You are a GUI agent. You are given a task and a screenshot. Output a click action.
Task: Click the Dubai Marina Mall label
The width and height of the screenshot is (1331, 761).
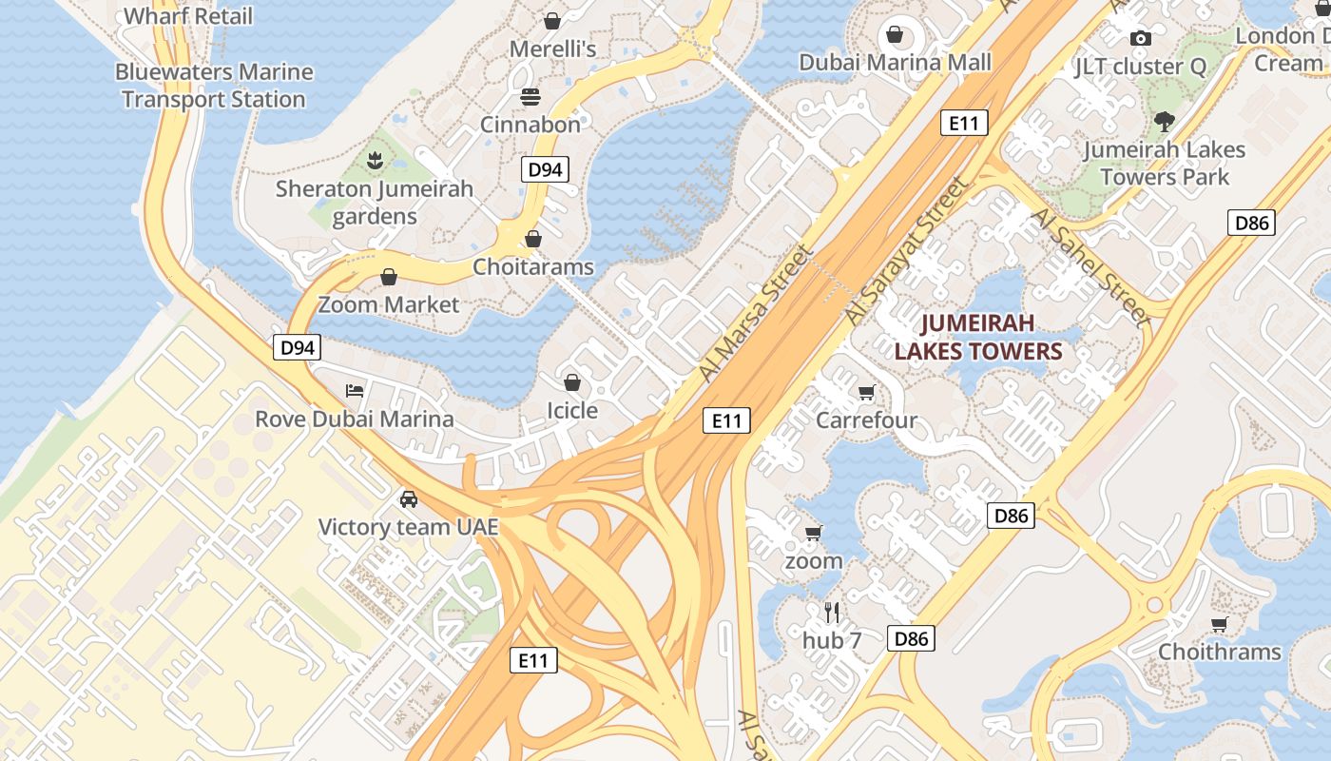pos(895,63)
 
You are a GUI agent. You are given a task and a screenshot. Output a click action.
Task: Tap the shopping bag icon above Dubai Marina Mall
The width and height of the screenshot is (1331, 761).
pos(895,35)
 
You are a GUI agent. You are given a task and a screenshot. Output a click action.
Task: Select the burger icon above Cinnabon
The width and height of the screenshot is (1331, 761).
pos(530,97)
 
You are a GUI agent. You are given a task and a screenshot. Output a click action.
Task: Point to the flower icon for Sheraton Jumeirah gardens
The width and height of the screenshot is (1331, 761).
pos(375,161)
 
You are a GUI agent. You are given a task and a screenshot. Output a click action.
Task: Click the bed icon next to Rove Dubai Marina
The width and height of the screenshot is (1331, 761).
pos(355,391)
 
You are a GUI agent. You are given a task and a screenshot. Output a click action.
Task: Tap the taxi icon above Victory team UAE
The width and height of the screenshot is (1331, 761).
pos(408,499)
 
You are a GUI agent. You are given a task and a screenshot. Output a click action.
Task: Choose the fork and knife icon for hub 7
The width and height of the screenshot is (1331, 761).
pos(832,613)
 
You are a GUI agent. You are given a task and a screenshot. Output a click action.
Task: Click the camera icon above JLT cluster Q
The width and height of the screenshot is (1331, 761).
pos(1140,39)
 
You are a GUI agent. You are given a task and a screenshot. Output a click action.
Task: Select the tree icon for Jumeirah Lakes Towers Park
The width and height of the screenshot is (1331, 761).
pos(1164,122)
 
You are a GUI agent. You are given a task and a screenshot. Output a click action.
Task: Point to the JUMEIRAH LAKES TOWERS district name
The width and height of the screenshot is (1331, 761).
pos(977,337)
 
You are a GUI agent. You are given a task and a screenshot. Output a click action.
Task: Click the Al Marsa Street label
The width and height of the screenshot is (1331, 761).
pos(755,313)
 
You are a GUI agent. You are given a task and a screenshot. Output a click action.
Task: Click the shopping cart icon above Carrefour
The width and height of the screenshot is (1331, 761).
pos(866,393)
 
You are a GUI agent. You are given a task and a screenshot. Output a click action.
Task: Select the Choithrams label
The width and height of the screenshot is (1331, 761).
pos(1219,653)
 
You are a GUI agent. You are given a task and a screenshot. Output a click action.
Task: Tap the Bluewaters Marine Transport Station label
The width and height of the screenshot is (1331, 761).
pos(214,86)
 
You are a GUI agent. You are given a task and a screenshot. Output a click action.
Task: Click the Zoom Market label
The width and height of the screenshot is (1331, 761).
pos(388,305)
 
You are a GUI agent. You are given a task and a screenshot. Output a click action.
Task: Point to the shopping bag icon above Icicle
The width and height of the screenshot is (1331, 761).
pos(572,383)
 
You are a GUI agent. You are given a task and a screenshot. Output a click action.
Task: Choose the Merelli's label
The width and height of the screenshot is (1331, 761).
pos(552,49)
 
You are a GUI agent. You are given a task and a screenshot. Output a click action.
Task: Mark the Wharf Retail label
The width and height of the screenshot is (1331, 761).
pos(188,16)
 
